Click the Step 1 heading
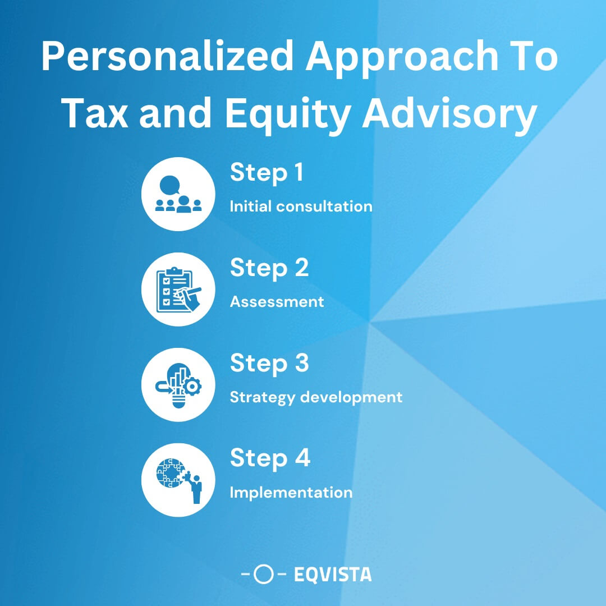tap(267, 173)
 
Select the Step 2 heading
tap(269, 268)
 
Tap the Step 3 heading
tap(269, 364)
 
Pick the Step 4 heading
tap(270, 459)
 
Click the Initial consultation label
tap(301, 206)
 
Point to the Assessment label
tap(277, 302)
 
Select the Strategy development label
tap(316, 397)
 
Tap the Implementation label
tap(291, 493)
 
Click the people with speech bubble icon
tap(178, 194)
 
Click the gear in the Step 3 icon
tap(192, 387)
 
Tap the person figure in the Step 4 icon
tap(196, 488)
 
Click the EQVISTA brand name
tap(332, 575)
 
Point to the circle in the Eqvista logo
tap(264, 575)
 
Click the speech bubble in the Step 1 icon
tap(170, 185)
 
